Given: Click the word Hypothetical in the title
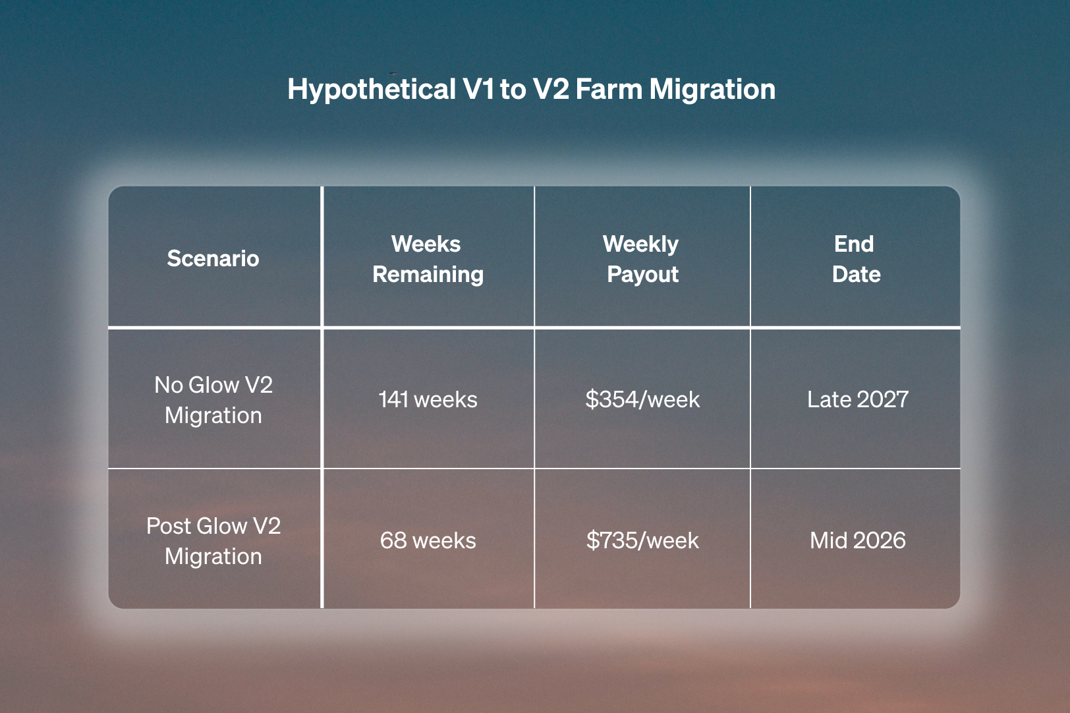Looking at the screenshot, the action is pos(372,90).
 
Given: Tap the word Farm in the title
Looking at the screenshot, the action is pos(609,89).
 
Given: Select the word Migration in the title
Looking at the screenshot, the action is pos(712,90).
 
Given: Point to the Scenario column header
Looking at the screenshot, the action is pos(213,258).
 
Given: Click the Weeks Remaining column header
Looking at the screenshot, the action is pos(428,259).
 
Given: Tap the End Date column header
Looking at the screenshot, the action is pos(855,259).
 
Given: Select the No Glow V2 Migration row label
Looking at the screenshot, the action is pos(213,400).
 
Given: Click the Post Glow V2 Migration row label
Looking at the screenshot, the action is pos(213,541).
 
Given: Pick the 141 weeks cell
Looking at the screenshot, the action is pos(428,399).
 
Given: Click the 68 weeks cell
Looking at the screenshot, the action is pos(428,540).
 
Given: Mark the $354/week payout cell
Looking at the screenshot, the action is pos(642,399).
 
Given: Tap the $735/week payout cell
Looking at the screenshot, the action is pos(642,540).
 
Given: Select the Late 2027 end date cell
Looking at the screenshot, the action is pos(857,399).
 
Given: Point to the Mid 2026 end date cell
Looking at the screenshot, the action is pos(857,540).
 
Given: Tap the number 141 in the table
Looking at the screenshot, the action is pos(393,399).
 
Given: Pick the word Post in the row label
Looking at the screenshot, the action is pos(169,526).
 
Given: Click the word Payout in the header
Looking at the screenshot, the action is pos(642,275).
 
